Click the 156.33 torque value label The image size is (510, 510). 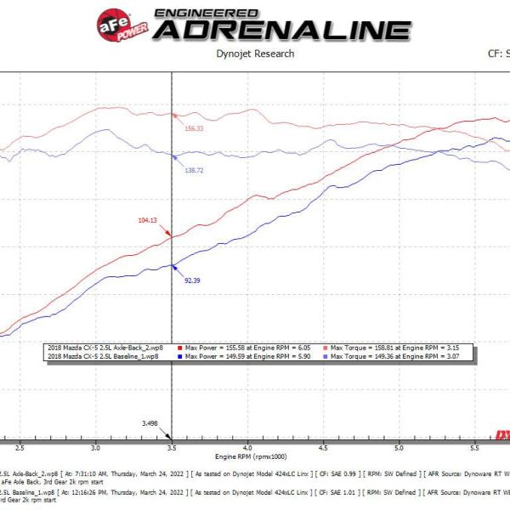(x=194, y=128)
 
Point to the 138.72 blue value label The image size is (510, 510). (x=193, y=170)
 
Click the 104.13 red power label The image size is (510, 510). (x=148, y=220)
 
